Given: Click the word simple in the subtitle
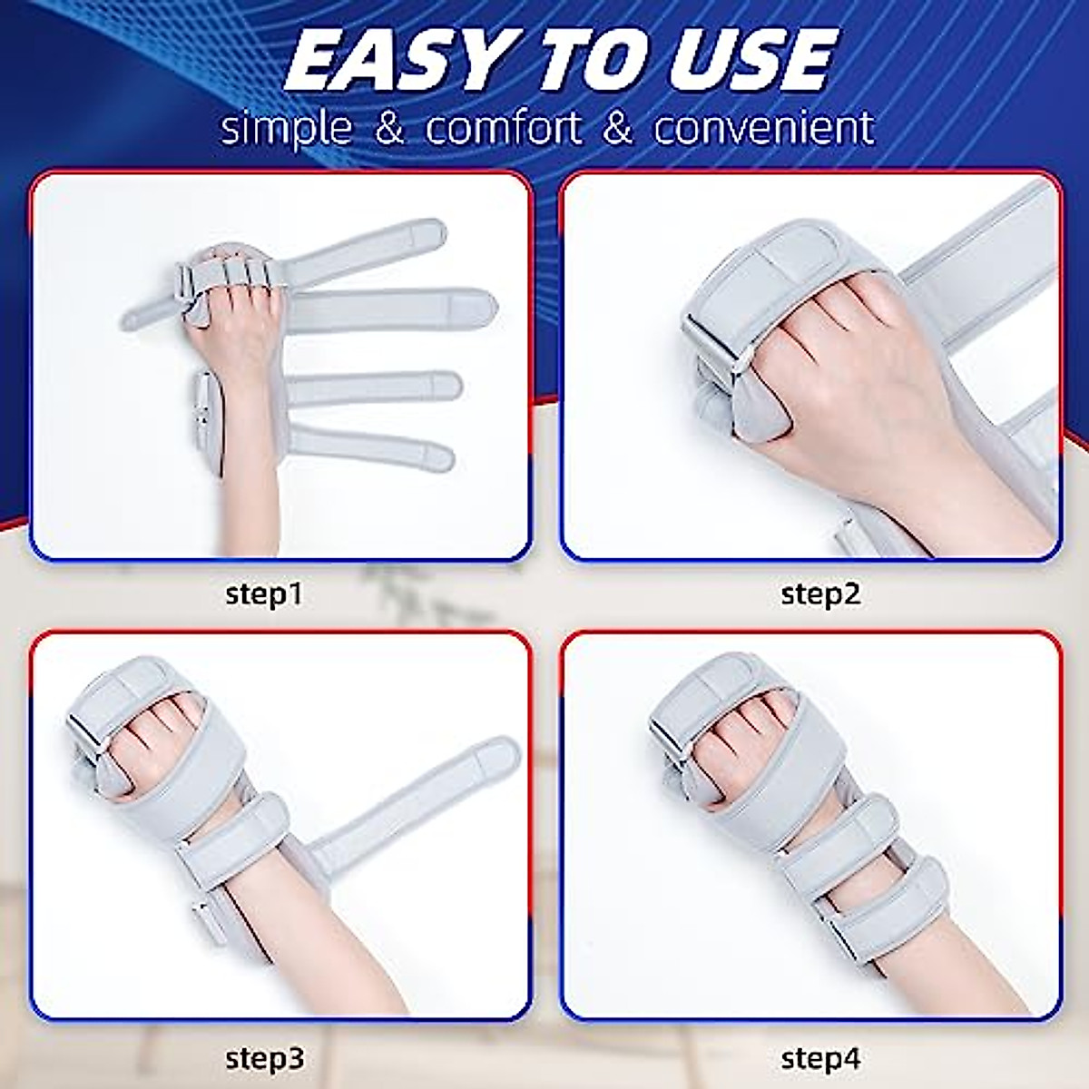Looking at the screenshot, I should (x=285, y=129).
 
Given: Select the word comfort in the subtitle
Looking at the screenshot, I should (x=505, y=129).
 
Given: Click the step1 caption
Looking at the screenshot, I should (x=263, y=594).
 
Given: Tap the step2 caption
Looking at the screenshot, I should (x=819, y=594).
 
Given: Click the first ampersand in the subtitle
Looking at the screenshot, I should (x=389, y=129).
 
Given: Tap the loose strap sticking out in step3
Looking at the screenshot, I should (x=427, y=799).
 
